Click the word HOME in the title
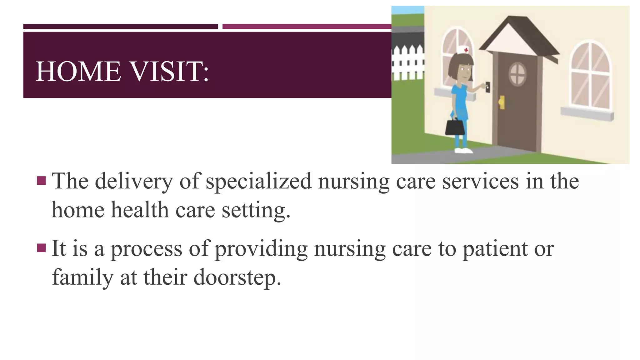click(x=78, y=72)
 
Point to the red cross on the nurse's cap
click(x=466, y=50)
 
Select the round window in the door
click(x=518, y=74)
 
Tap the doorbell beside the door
click(x=487, y=87)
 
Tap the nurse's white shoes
click(x=463, y=151)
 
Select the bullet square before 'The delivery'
click(x=41, y=180)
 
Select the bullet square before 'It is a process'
click(x=41, y=248)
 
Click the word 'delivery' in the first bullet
click(x=134, y=181)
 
